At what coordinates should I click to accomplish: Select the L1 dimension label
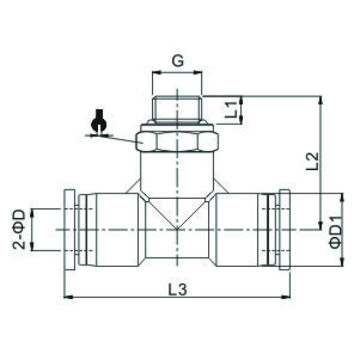coord(230,109)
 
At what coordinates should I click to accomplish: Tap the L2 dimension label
coord(312,160)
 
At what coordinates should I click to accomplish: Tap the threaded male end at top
coord(177,108)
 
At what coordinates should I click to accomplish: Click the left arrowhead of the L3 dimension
coord(67,298)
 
